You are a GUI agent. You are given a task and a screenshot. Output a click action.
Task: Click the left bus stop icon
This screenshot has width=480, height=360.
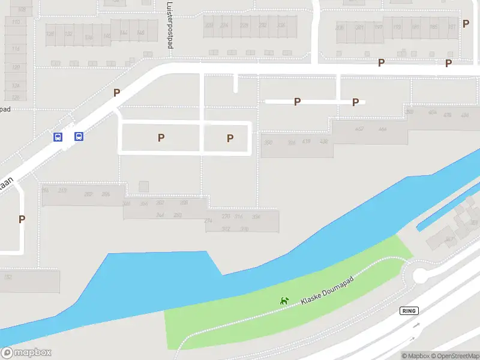[x=58, y=137]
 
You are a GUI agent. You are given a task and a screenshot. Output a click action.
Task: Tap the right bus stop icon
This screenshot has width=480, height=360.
[x=79, y=136]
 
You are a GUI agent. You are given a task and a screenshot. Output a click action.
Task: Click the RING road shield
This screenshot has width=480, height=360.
[x=409, y=310]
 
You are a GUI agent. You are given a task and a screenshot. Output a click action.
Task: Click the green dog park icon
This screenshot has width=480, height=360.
[x=285, y=300]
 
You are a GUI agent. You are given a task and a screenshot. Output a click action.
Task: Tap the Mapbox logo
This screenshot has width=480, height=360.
[x=26, y=353]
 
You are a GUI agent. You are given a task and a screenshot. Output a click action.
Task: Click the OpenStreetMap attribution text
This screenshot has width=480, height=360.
[x=454, y=356]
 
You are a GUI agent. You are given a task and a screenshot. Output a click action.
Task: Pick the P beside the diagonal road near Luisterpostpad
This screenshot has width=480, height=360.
[x=117, y=92]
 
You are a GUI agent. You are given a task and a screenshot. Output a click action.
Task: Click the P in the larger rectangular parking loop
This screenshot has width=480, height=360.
[x=161, y=137]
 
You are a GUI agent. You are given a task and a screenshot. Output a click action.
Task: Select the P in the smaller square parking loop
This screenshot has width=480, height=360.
[x=230, y=138]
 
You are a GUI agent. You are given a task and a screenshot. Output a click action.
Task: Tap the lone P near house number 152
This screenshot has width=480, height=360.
[x=22, y=219]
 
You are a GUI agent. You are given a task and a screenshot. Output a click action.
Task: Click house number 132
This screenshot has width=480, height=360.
[x=69, y=34]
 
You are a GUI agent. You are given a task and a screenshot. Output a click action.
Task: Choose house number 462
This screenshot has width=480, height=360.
[x=359, y=129]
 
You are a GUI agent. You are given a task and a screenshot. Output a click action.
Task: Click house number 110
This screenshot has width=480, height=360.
[x=16, y=22]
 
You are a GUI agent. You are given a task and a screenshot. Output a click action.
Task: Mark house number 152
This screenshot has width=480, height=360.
[x=8, y=277]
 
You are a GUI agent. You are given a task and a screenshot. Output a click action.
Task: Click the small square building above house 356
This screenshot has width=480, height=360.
[x=143, y=187]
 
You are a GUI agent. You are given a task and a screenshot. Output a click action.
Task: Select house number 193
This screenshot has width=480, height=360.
[x=396, y=27]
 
